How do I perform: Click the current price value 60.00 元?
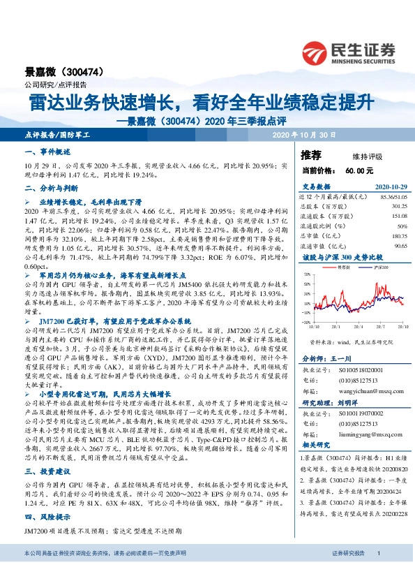(x=359, y=170)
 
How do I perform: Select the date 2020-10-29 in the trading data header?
(x=389, y=186)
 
